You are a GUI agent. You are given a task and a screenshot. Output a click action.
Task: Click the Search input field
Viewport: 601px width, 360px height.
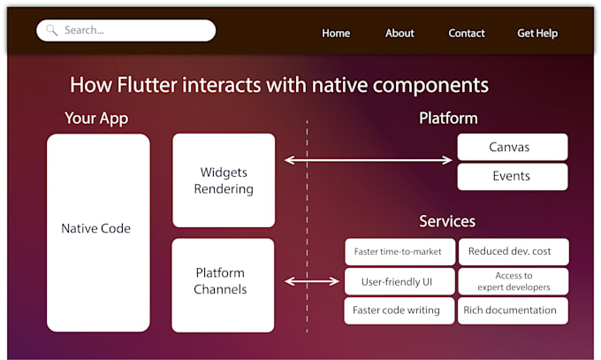point(133,31)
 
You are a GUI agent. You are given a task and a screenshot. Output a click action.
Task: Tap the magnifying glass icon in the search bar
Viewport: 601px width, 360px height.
point(51,31)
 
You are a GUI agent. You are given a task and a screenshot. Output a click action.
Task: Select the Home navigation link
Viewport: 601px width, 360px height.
point(336,34)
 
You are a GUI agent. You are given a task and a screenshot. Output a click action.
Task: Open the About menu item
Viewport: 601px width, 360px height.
point(399,34)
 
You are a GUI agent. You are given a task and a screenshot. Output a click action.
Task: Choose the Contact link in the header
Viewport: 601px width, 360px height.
point(466,34)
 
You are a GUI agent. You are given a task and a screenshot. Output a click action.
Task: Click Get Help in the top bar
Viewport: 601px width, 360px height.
point(537,34)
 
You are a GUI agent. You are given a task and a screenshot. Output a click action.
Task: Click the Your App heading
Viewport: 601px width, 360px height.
point(95,118)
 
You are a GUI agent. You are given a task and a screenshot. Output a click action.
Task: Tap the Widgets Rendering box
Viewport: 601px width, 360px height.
point(224,180)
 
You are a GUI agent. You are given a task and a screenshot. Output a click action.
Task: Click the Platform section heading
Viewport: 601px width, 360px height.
point(448,118)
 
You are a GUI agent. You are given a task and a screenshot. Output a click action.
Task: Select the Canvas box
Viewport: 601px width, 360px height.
point(513,147)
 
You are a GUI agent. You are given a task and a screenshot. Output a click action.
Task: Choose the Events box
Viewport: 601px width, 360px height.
point(513,176)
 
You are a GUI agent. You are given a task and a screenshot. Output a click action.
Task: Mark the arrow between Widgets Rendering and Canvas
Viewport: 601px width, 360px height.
point(368,160)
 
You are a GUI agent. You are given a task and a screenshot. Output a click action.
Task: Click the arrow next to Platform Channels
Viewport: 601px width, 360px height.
point(312,281)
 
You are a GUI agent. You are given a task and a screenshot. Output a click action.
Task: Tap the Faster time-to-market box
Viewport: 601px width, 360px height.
point(399,251)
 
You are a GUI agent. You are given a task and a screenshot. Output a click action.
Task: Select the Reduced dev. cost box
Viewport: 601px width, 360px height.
point(513,251)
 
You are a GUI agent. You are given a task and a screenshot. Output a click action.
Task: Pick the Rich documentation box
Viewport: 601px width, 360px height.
point(513,310)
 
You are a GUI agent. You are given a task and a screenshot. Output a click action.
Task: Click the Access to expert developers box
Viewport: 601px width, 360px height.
point(513,281)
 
